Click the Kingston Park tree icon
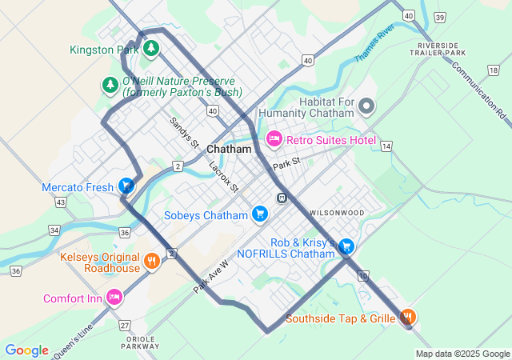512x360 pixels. point(151,50)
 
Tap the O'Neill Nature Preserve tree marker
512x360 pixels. point(110,84)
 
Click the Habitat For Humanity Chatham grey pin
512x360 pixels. point(366,105)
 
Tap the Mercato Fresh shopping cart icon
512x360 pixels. point(126,186)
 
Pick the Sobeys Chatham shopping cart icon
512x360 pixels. point(259,214)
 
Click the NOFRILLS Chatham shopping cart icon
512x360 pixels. point(346,246)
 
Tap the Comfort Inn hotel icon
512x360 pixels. point(114,297)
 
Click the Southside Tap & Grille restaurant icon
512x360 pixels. point(408,318)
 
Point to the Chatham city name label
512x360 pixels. point(229,150)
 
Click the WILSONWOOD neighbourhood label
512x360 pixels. point(336,213)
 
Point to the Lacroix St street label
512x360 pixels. point(224,178)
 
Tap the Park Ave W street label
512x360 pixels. point(211,276)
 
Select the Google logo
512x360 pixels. point(26,350)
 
